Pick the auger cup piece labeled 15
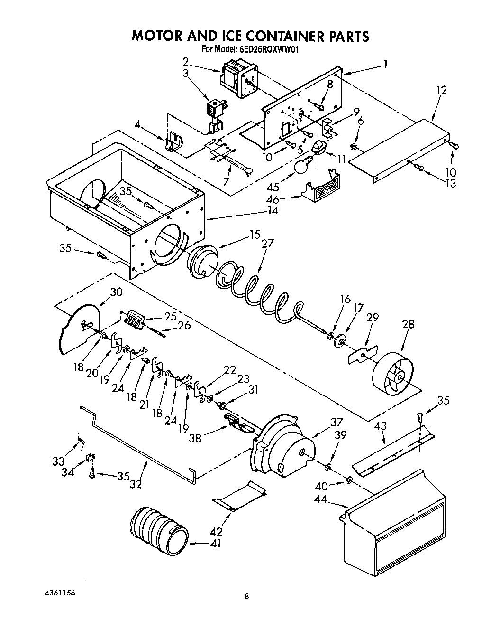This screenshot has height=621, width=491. tap(202, 262)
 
